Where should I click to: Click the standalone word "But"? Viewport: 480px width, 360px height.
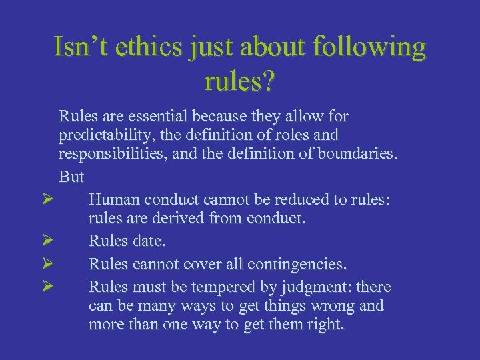pos(71,177)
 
